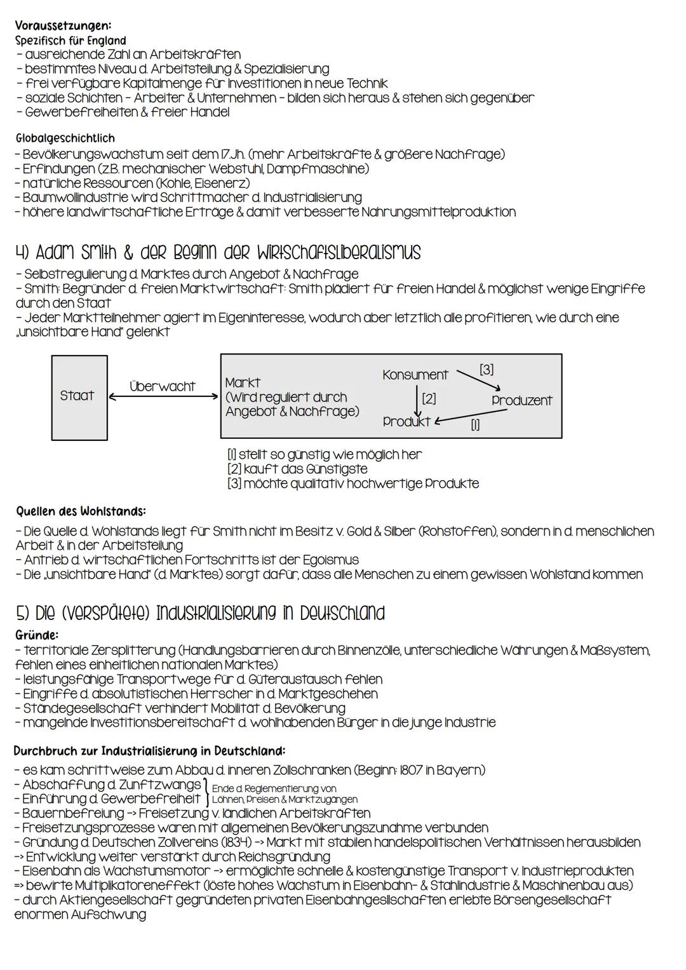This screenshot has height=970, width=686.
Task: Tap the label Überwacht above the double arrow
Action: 163,386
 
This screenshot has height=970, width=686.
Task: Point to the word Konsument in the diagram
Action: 415,375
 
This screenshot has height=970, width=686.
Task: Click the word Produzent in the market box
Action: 521,400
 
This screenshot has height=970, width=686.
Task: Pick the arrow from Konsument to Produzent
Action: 480,379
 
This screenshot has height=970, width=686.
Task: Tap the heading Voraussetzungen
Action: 63,26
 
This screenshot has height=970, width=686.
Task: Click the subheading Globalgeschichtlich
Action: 65,138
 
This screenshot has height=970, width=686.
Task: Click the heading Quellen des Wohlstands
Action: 81,511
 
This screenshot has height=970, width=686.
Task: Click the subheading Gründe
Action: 36,635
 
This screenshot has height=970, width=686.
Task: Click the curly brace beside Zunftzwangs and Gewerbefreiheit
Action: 206,792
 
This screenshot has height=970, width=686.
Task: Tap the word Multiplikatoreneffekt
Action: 136,886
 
